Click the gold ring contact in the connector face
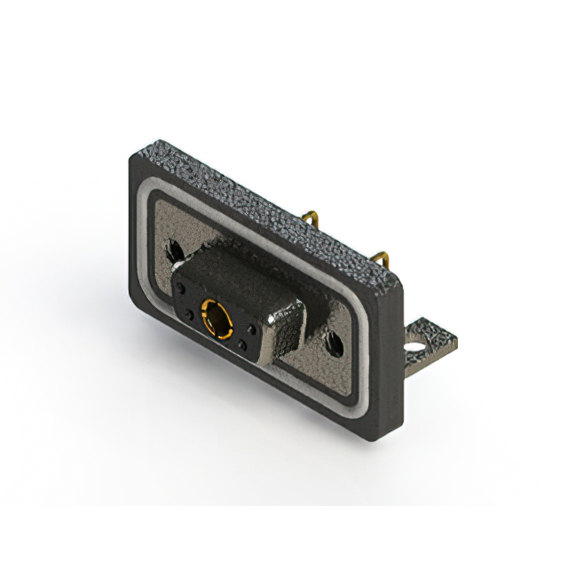click(x=216, y=317)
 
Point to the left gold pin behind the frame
click(x=311, y=219)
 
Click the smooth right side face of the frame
click(x=391, y=355)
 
